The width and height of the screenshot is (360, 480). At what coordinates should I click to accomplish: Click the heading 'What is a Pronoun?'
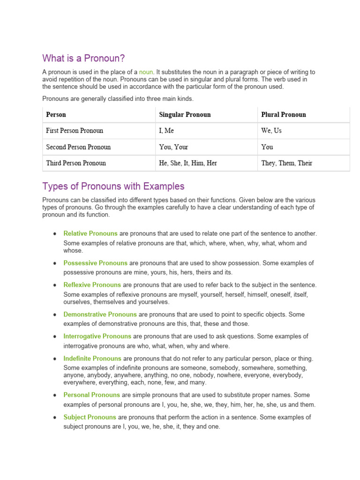tap(84, 58)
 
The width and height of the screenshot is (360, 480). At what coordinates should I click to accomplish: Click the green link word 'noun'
tap(146, 72)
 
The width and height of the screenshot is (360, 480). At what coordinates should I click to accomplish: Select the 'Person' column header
tap(56, 115)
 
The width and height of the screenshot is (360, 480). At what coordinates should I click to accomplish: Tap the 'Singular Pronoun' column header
tap(185, 115)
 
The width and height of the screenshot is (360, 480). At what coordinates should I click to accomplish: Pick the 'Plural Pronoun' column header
tap(283, 115)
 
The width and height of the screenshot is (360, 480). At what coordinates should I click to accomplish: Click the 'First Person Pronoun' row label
tap(75, 131)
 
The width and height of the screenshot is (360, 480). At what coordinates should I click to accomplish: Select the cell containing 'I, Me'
tap(166, 131)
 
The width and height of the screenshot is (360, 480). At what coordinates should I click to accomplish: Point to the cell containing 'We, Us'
tap(271, 131)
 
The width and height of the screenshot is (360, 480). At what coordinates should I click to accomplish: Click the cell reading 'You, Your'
tap(173, 147)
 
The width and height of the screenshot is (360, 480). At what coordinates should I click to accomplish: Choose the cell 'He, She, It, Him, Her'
tap(188, 164)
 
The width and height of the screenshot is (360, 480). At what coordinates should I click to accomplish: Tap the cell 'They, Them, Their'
tap(286, 164)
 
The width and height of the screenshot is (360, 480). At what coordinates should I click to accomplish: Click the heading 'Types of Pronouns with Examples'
tap(113, 186)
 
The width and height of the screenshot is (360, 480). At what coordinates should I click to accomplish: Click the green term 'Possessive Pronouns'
tap(95, 263)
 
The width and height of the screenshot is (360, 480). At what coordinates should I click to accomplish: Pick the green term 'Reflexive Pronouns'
tap(92, 285)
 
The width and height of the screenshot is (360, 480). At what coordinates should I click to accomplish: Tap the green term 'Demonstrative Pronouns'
tap(100, 315)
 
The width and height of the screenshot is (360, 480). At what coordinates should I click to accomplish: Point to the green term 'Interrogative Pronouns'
tap(97, 337)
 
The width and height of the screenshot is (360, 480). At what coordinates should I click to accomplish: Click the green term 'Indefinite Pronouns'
tap(92, 359)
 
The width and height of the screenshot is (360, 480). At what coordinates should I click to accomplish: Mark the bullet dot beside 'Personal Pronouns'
tap(55, 395)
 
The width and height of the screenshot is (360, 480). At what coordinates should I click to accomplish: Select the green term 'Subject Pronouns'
tap(90, 417)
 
